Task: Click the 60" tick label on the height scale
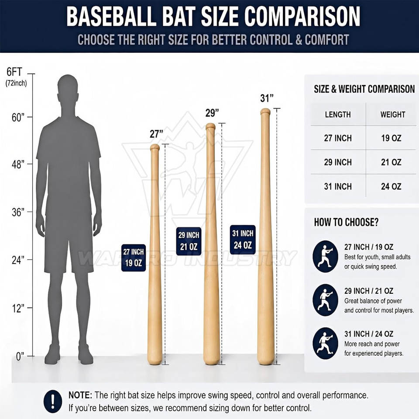[18, 117]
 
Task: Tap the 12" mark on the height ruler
[18, 309]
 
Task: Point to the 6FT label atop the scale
[14, 72]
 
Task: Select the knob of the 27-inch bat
[155, 147]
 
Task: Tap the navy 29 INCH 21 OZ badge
[189, 241]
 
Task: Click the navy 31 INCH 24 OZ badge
[243, 240]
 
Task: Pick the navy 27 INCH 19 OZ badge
[134, 258]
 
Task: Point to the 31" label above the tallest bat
[267, 98]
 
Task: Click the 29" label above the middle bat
[212, 113]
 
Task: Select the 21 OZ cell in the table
[391, 162]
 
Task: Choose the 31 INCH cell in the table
[338, 186]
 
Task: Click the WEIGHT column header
[392, 115]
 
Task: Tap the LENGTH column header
[338, 115]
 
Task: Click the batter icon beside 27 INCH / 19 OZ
[325, 256]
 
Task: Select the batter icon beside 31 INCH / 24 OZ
[325, 343]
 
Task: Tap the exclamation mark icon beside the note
[53, 402]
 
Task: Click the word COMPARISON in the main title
[302, 16]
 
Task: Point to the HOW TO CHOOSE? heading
[346, 222]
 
